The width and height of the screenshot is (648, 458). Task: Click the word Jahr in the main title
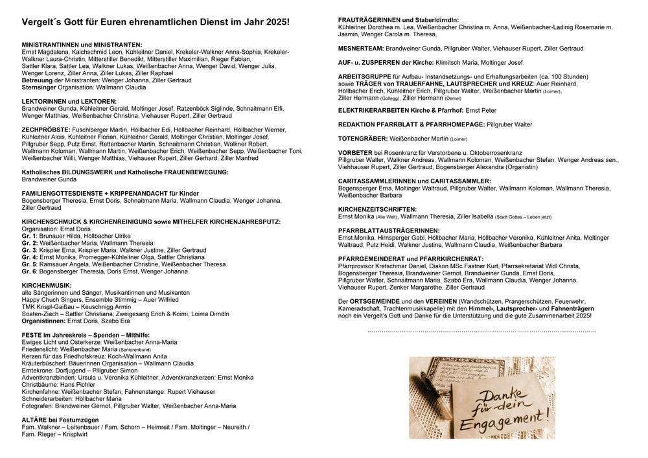click(x=248, y=22)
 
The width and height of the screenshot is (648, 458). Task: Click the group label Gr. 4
click(x=30, y=257)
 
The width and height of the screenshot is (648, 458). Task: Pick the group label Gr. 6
click(x=30, y=271)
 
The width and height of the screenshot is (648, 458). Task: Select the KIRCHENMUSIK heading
click(x=47, y=285)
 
